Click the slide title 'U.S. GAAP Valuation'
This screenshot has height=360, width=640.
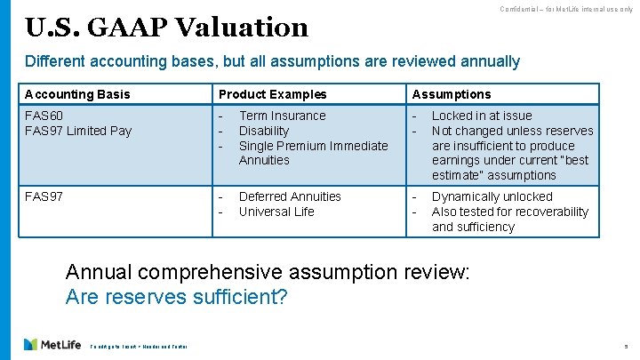166,28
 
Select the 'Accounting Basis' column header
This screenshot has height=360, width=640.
77,94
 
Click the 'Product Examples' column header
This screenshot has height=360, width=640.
272,94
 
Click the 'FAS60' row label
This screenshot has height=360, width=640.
44,116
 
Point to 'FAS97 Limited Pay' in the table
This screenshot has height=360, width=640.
78,131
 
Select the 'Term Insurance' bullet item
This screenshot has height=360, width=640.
282,116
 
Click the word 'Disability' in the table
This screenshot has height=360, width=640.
264,131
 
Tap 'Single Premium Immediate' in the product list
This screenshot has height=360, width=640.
313,146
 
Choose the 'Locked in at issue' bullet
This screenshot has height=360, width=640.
482,116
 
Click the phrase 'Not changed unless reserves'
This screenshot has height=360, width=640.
512,131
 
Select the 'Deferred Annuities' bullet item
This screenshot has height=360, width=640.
290,196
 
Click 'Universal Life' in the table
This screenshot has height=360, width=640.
276,212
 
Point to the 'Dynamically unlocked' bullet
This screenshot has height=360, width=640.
492,196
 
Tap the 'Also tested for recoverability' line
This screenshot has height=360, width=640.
509,212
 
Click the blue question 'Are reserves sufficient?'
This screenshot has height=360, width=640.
177,297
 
